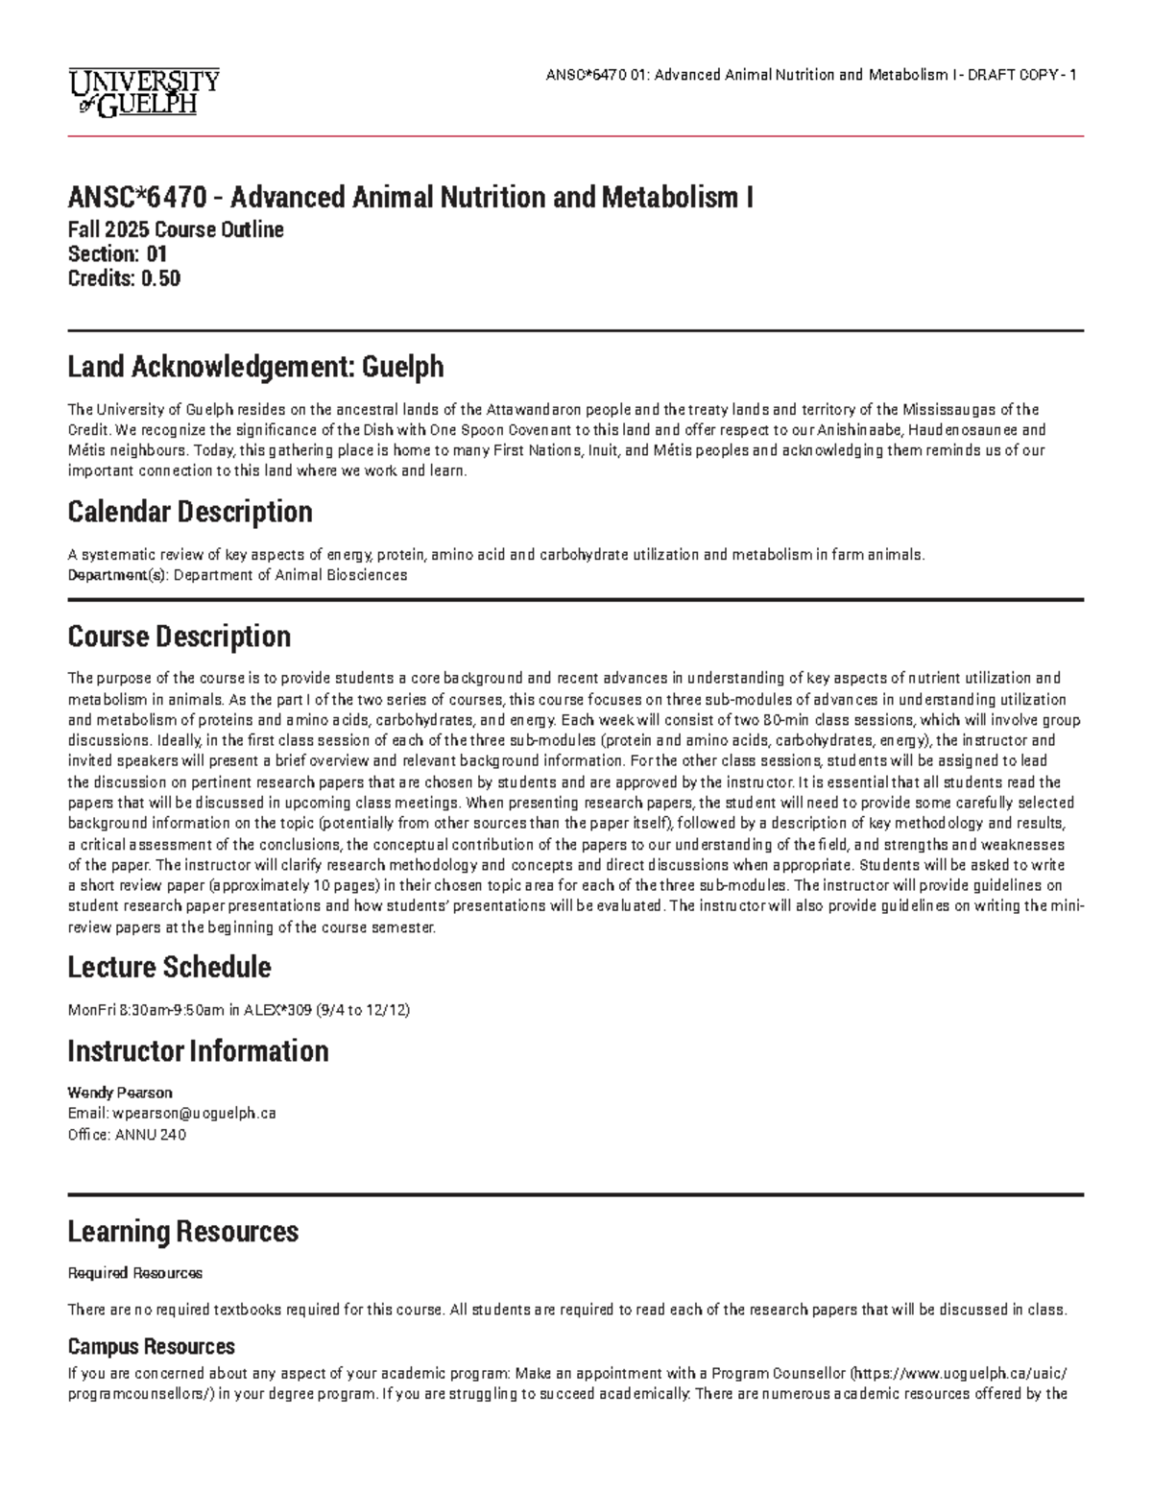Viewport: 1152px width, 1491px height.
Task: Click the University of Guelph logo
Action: coord(144,91)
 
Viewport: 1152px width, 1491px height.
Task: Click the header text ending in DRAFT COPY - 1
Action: coord(810,76)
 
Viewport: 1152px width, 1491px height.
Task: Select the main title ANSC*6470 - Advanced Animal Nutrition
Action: coord(410,198)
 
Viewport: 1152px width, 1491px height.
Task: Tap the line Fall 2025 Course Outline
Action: coord(176,230)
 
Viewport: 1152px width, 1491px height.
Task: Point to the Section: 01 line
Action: coord(117,254)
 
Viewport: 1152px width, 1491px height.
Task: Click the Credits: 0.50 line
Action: coord(124,279)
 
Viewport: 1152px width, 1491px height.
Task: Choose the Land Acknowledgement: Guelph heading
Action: coord(255,366)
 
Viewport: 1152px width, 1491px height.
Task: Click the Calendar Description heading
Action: coord(190,512)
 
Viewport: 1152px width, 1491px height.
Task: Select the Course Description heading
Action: coord(179,637)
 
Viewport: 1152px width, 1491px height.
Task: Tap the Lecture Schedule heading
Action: coord(169,967)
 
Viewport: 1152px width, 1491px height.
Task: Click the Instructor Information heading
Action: coord(198,1051)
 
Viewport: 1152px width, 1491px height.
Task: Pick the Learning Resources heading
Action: coord(182,1232)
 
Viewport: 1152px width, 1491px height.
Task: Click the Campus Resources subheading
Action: coord(151,1346)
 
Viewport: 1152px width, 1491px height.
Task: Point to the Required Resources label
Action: coord(134,1273)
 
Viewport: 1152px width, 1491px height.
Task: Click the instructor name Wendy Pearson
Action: coord(119,1093)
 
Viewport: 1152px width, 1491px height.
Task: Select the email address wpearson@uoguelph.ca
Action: coord(195,1114)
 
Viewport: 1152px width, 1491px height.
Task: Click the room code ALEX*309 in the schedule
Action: coord(274,1010)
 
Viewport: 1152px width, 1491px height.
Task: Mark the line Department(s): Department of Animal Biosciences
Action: coord(237,575)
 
